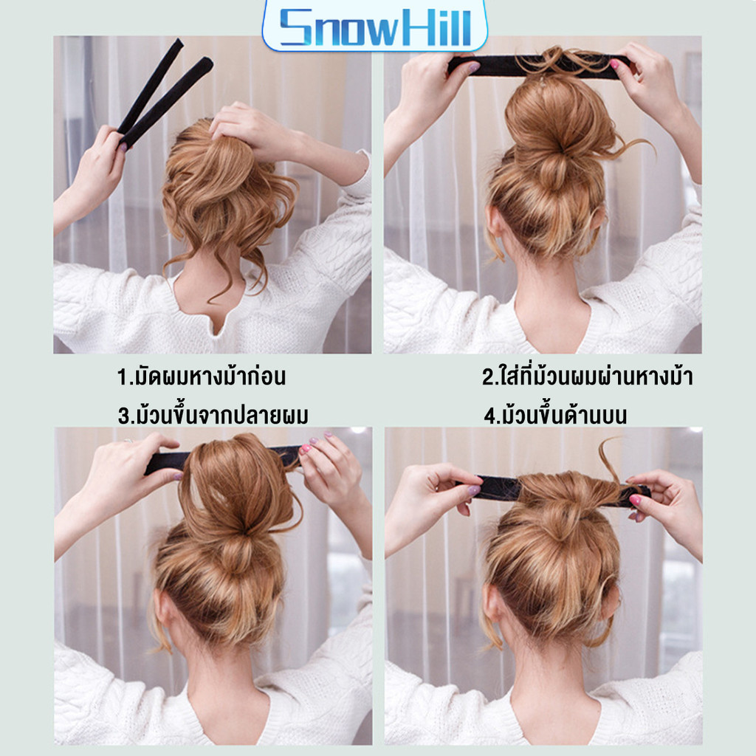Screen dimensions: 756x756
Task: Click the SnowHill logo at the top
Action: tap(374, 27)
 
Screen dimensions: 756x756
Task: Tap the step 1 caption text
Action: tap(202, 376)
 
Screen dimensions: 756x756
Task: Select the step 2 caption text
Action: tap(588, 376)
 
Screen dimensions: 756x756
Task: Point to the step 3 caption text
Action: tap(213, 416)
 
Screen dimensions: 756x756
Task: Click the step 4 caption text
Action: tap(555, 416)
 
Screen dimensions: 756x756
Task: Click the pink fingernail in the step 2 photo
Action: tap(614, 64)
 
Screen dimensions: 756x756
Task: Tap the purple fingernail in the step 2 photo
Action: tap(474, 67)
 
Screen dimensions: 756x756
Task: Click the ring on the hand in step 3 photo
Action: tap(128, 440)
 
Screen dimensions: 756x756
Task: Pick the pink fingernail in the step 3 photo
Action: tap(306, 450)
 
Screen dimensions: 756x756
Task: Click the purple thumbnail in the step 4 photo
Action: tap(474, 490)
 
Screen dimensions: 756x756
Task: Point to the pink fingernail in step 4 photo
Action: tap(636, 501)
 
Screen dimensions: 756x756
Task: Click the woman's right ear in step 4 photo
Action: tap(611, 602)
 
